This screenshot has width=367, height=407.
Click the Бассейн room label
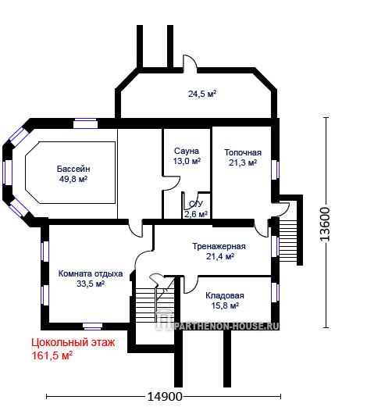coord(73,169)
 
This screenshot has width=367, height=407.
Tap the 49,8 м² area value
coord(73,179)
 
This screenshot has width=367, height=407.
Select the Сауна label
coord(187,151)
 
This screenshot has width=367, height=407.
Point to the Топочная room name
coord(243,152)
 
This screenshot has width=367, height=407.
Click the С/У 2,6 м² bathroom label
coord(196,209)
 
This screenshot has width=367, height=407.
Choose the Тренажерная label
coord(219,246)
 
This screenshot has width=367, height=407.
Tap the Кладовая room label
coord(225,295)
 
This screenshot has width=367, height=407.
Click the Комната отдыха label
coord(91,273)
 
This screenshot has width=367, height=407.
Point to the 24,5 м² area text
coord(202,94)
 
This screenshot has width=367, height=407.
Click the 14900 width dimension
coord(165,397)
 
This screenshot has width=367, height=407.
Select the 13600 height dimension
coord(325,224)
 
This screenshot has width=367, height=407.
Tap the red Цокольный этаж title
coord(73,342)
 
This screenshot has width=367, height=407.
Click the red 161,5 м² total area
coord(52,355)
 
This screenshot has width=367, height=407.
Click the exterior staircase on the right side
coord(288,241)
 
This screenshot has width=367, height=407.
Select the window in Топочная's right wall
coord(275,170)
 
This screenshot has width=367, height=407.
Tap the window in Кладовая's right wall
coord(275,293)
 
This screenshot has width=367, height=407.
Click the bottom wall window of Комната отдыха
coord(92,327)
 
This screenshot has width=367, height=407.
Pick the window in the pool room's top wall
coord(85,123)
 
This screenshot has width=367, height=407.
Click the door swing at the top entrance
coord(191,62)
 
